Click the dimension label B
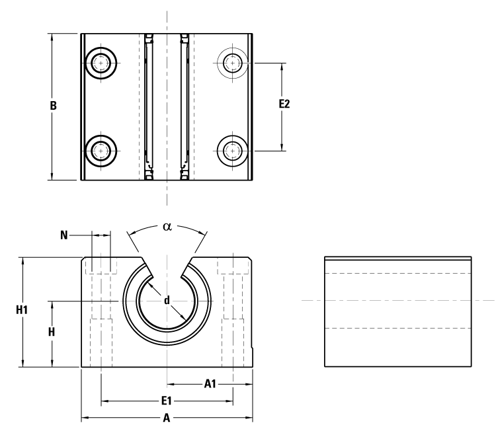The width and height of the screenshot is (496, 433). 54,106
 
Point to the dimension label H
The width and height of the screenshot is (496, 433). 52,333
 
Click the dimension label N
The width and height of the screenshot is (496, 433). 63,234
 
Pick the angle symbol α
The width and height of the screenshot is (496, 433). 167,226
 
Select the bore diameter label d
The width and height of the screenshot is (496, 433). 167,301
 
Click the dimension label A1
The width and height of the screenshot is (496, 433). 210,383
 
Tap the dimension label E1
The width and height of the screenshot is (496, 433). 167,401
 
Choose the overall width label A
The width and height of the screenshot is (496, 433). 167,418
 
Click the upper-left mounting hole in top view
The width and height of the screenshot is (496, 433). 101,63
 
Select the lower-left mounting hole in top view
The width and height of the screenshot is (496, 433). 101,151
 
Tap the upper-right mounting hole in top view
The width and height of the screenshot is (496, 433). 232,63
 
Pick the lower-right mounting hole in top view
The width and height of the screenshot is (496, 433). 232,151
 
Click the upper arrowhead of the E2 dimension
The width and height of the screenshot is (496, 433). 283,67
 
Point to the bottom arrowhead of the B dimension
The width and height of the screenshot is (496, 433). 52,175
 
